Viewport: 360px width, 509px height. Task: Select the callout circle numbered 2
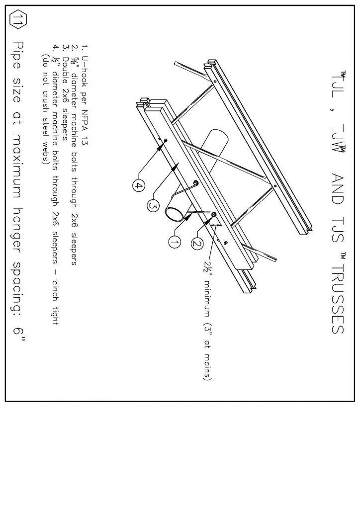(x=196, y=243)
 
